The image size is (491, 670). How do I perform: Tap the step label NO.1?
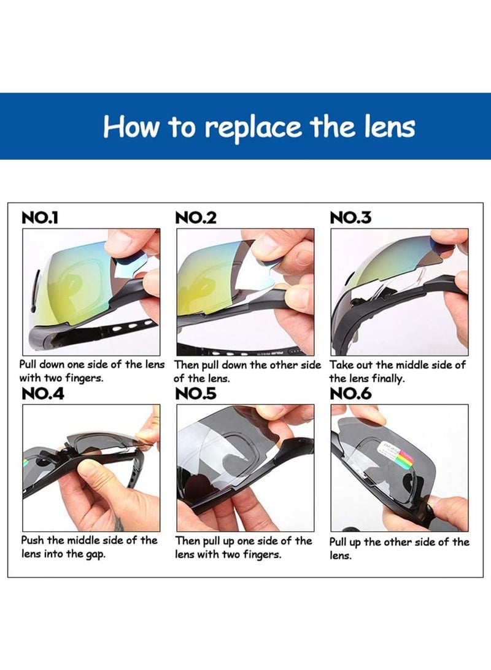[x=40, y=218]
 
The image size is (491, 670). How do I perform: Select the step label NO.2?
[x=196, y=218]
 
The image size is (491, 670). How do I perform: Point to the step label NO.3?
[x=350, y=218]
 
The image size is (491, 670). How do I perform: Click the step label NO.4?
[x=43, y=393]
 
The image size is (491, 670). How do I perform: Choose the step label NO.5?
[x=196, y=393]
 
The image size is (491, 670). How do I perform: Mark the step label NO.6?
[x=350, y=393]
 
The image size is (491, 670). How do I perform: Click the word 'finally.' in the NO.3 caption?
[x=388, y=379]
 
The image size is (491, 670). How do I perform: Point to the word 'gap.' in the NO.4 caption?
[x=95, y=554]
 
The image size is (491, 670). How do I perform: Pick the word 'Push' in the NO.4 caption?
[x=33, y=540]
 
